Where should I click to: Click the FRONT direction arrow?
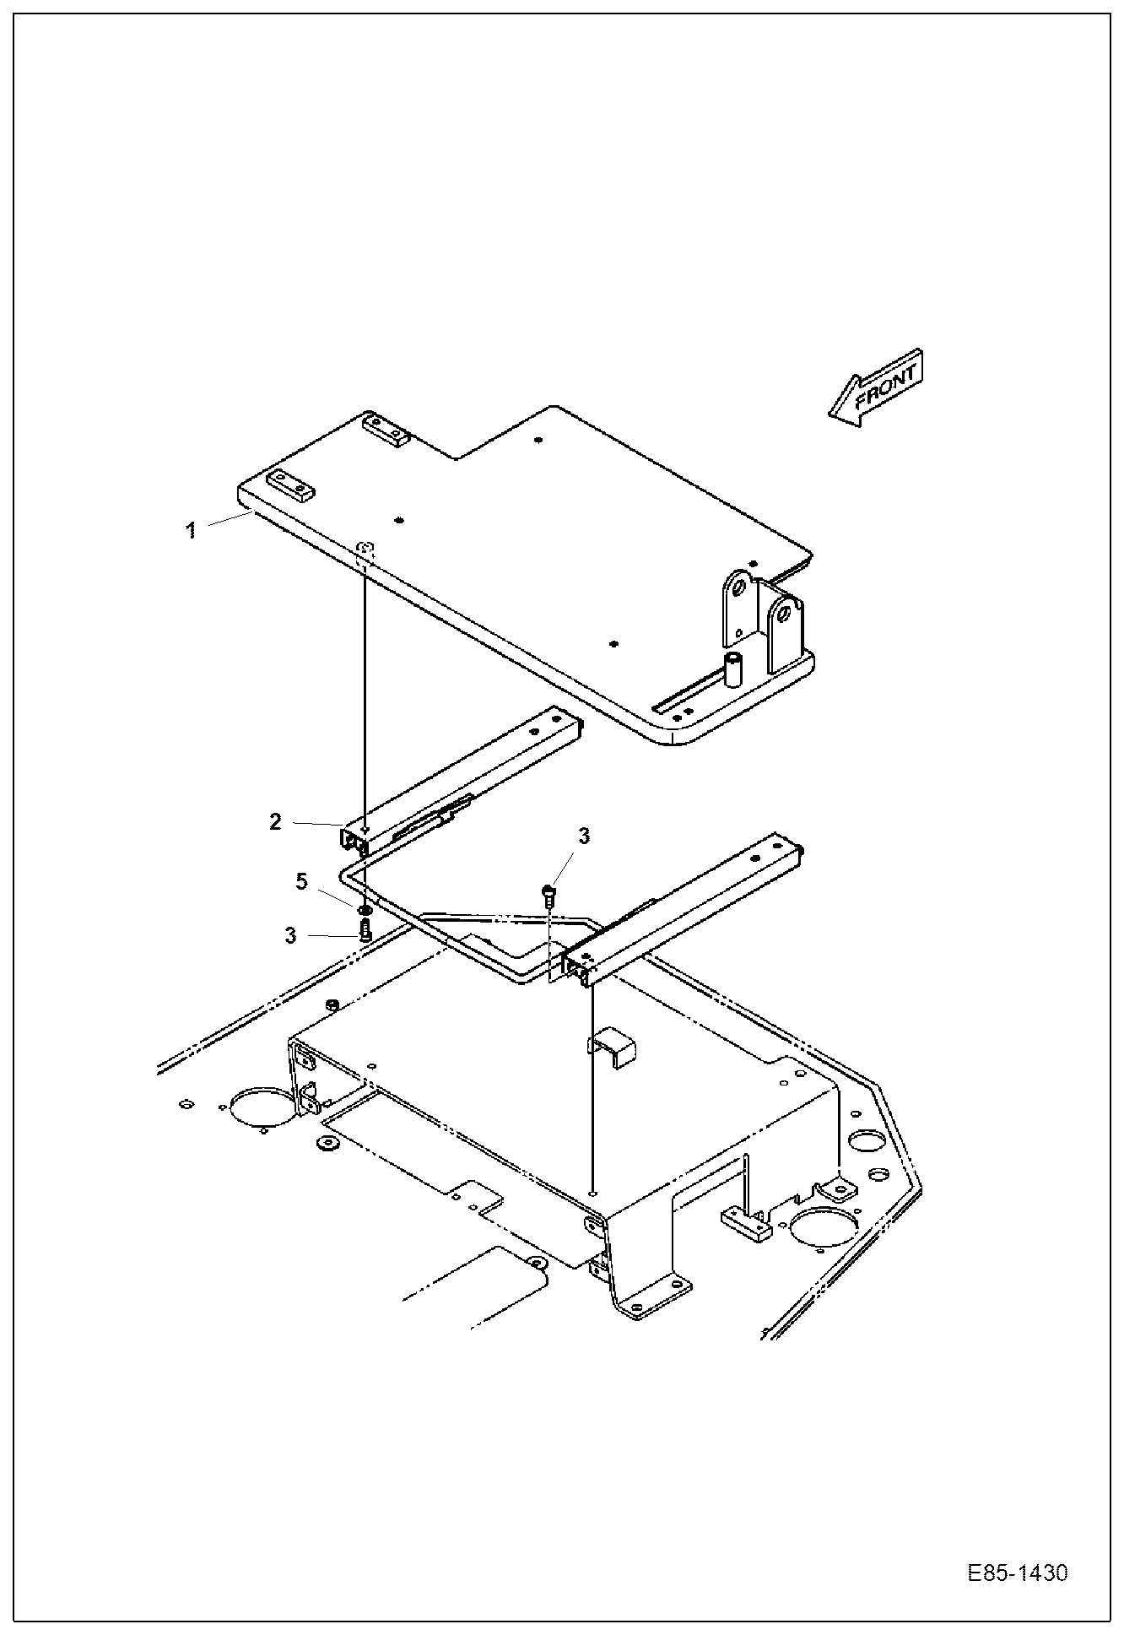point(876,387)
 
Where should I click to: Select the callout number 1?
point(192,530)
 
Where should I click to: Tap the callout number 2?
point(275,821)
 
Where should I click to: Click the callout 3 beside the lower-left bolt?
point(290,935)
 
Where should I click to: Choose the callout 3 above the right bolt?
point(584,836)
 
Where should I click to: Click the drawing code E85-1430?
point(1017,1573)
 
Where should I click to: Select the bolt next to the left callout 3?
point(365,930)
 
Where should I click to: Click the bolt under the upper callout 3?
point(548,893)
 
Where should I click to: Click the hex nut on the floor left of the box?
point(332,1004)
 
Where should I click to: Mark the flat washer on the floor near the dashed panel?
point(326,1144)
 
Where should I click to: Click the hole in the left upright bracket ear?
point(738,585)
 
